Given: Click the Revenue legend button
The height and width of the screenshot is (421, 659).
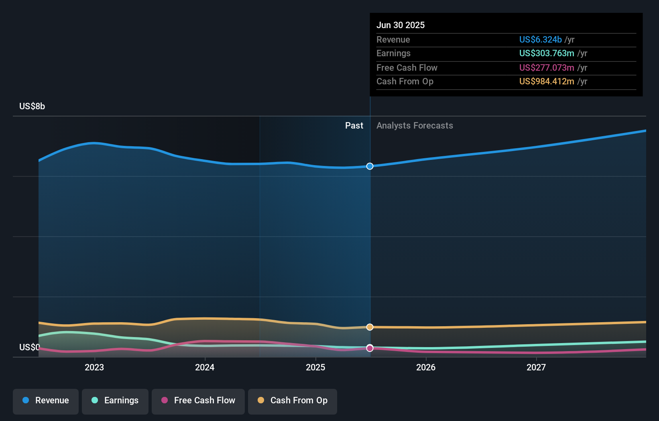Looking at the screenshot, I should pyautogui.click(x=46, y=401).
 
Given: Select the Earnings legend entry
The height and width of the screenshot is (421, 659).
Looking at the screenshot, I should pyautogui.click(x=115, y=401).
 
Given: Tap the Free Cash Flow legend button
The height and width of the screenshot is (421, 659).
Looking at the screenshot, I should pyautogui.click(x=198, y=401).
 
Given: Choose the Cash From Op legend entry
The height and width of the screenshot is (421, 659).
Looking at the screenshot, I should pyautogui.click(x=293, y=401).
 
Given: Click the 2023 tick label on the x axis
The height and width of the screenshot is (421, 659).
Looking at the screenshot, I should pyautogui.click(x=94, y=368).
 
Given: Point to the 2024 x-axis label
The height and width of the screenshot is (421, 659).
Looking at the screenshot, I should pyautogui.click(x=205, y=368).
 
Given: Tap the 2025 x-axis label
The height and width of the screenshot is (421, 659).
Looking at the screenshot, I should pyautogui.click(x=315, y=368).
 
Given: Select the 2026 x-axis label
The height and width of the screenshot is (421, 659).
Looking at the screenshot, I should pyautogui.click(x=426, y=368).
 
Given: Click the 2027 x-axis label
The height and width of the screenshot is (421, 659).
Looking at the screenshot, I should pyautogui.click(x=536, y=368).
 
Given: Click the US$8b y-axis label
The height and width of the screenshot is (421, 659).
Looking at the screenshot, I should pyautogui.click(x=32, y=106).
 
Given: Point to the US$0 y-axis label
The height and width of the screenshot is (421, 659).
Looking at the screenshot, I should pyautogui.click(x=29, y=347).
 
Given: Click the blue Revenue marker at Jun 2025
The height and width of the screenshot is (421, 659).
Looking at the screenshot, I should pyautogui.click(x=370, y=166).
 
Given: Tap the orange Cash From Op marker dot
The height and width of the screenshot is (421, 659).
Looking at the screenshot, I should pyautogui.click(x=370, y=327).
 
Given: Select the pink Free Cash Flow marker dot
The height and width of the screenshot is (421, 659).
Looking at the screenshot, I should pyautogui.click(x=370, y=348).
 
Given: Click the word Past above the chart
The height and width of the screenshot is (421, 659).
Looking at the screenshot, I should pyautogui.click(x=354, y=126).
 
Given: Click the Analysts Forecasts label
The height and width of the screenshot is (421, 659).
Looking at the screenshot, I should pyautogui.click(x=415, y=126).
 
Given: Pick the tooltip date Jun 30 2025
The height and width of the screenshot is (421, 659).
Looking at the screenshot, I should pyautogui.click(x=401, y=25).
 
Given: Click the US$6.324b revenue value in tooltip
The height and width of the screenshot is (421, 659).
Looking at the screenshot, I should pyautogui.click(x=540, y=40).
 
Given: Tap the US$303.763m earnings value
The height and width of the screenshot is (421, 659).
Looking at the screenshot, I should pyautogui.click(x=547, y=53).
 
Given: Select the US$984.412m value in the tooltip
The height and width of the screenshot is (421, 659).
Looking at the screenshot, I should pyautogui.click(x=547, y=82).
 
